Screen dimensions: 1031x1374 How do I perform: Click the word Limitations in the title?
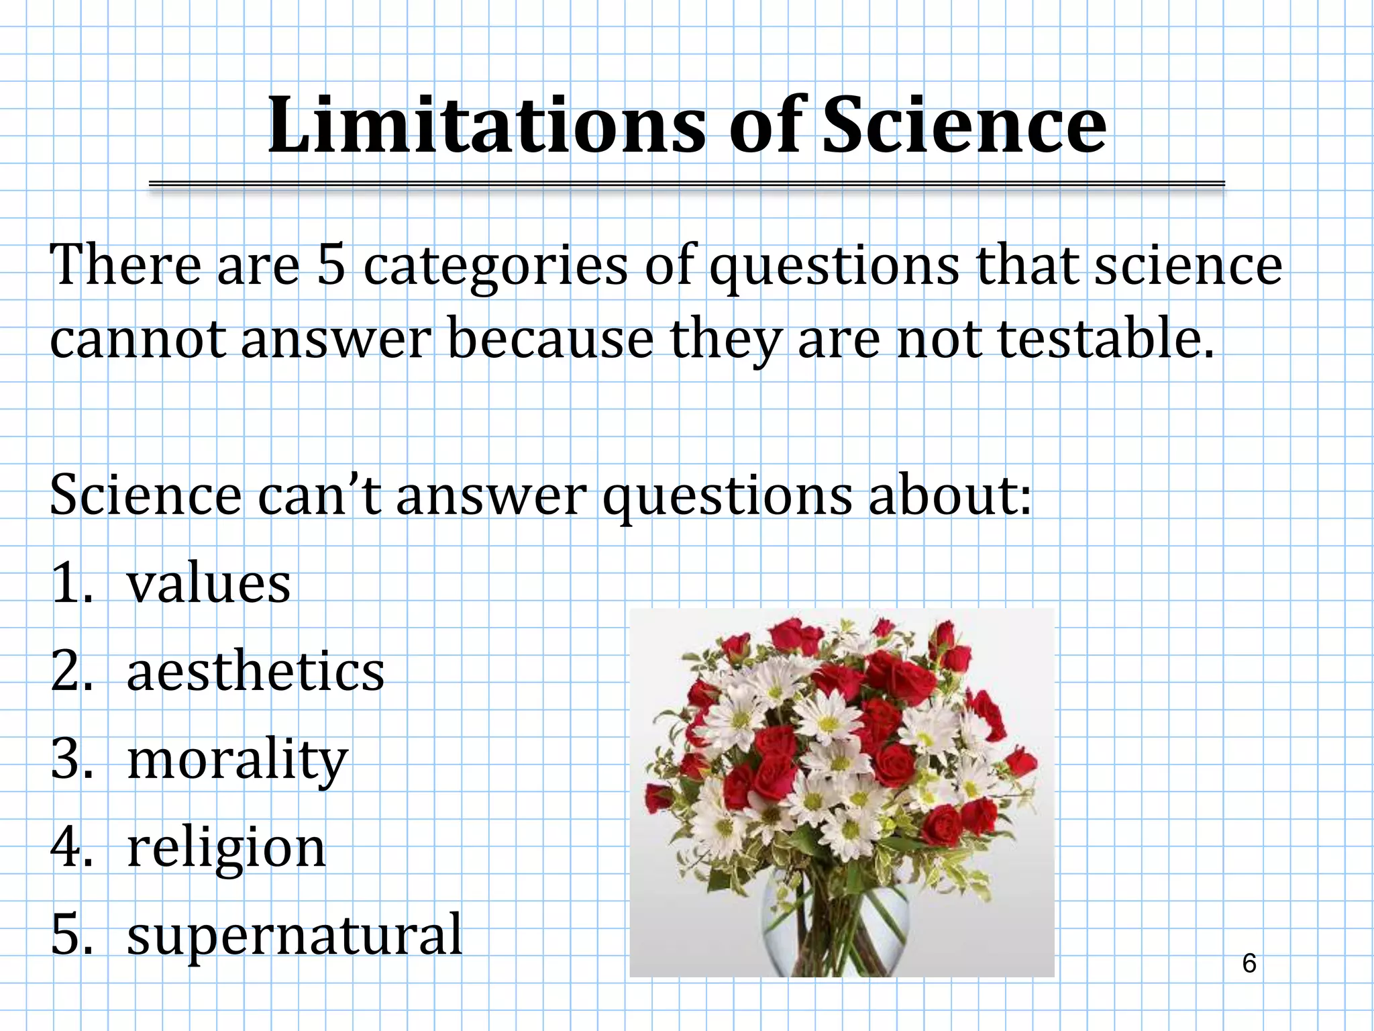tap(486, 126)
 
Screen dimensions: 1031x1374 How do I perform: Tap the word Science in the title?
tap(964, 126)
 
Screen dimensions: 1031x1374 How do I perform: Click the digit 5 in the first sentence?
tap(331, 265)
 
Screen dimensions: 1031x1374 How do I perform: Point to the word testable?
tap(1106, 339)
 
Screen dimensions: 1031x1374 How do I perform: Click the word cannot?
tap(137, 339)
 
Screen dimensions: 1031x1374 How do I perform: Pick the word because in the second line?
tap(549, 339)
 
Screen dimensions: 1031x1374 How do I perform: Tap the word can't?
tap(319, 495)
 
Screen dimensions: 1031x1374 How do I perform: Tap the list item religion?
tap(226, 848)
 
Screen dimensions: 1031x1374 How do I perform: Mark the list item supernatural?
tap(295, 936)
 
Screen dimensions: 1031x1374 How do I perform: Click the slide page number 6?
tap(1249, 964)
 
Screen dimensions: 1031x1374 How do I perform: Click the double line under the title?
tap(686, 184)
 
